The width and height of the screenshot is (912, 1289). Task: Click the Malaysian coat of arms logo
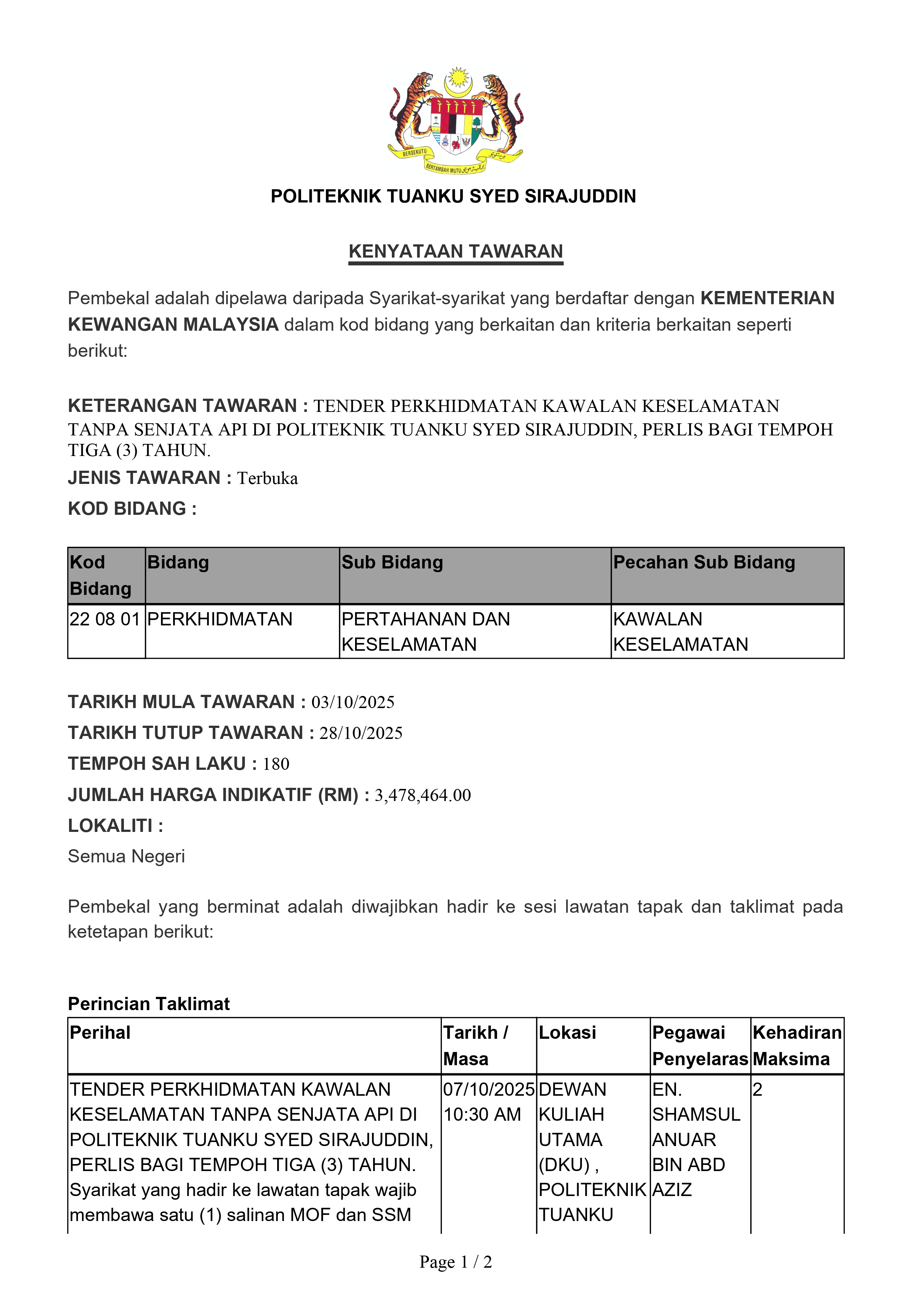click(455, 120)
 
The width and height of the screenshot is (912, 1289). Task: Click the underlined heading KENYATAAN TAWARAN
click(455, 251)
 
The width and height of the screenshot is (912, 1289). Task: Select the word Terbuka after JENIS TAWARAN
click(267, 478)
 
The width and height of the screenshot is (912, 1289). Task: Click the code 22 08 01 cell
click(105, 619)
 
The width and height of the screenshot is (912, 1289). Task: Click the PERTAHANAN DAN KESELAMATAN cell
click(426, 631)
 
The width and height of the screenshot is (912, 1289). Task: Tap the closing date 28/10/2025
click(361, 733)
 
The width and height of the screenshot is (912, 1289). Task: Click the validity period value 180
click(276, 764)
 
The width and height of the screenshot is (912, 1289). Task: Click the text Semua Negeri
click(126, 856)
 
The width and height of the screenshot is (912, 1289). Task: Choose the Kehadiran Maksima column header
click(797, 1045)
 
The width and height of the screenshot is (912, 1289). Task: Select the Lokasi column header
click(567, 1033)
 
